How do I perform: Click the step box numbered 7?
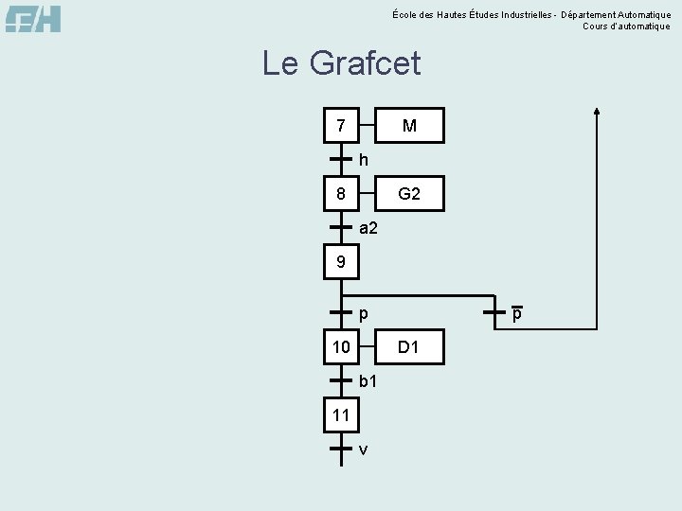[341, 125]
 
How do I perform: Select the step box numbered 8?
[341, 195]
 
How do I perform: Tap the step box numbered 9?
[341, 261]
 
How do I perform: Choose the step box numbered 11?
[341, 414]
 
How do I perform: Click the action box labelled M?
[409, 125]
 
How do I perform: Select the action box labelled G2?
[409, 195]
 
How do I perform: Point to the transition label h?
[364, 159]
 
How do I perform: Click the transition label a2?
[368, 227]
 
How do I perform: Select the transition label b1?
[368, 380]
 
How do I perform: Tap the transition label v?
[364, 449]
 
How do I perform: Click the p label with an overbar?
[517, 313]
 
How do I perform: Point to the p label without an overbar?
[364, 313]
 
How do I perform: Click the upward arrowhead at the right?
[596, 111]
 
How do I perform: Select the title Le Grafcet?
[341, 63]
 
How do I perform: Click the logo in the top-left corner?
[33, 18]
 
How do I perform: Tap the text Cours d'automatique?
[626, 26]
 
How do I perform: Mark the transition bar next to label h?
[341, 159]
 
